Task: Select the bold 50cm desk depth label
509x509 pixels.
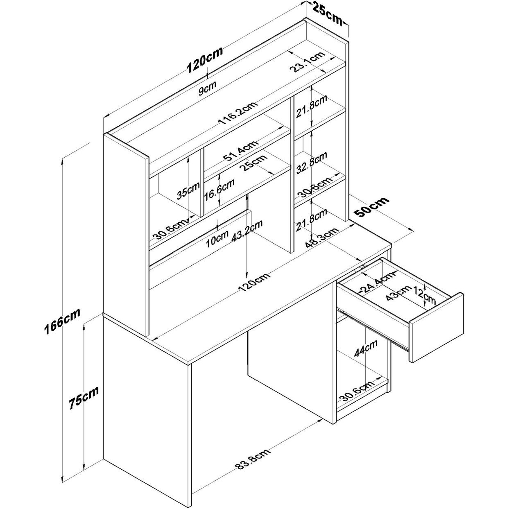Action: pos(371,207)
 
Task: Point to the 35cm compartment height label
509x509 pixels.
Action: pos(188,190)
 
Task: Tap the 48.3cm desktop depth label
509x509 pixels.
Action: pos(322,238)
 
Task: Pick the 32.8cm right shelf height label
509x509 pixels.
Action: pos(312,163)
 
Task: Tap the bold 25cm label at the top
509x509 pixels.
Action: pos(328,12)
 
